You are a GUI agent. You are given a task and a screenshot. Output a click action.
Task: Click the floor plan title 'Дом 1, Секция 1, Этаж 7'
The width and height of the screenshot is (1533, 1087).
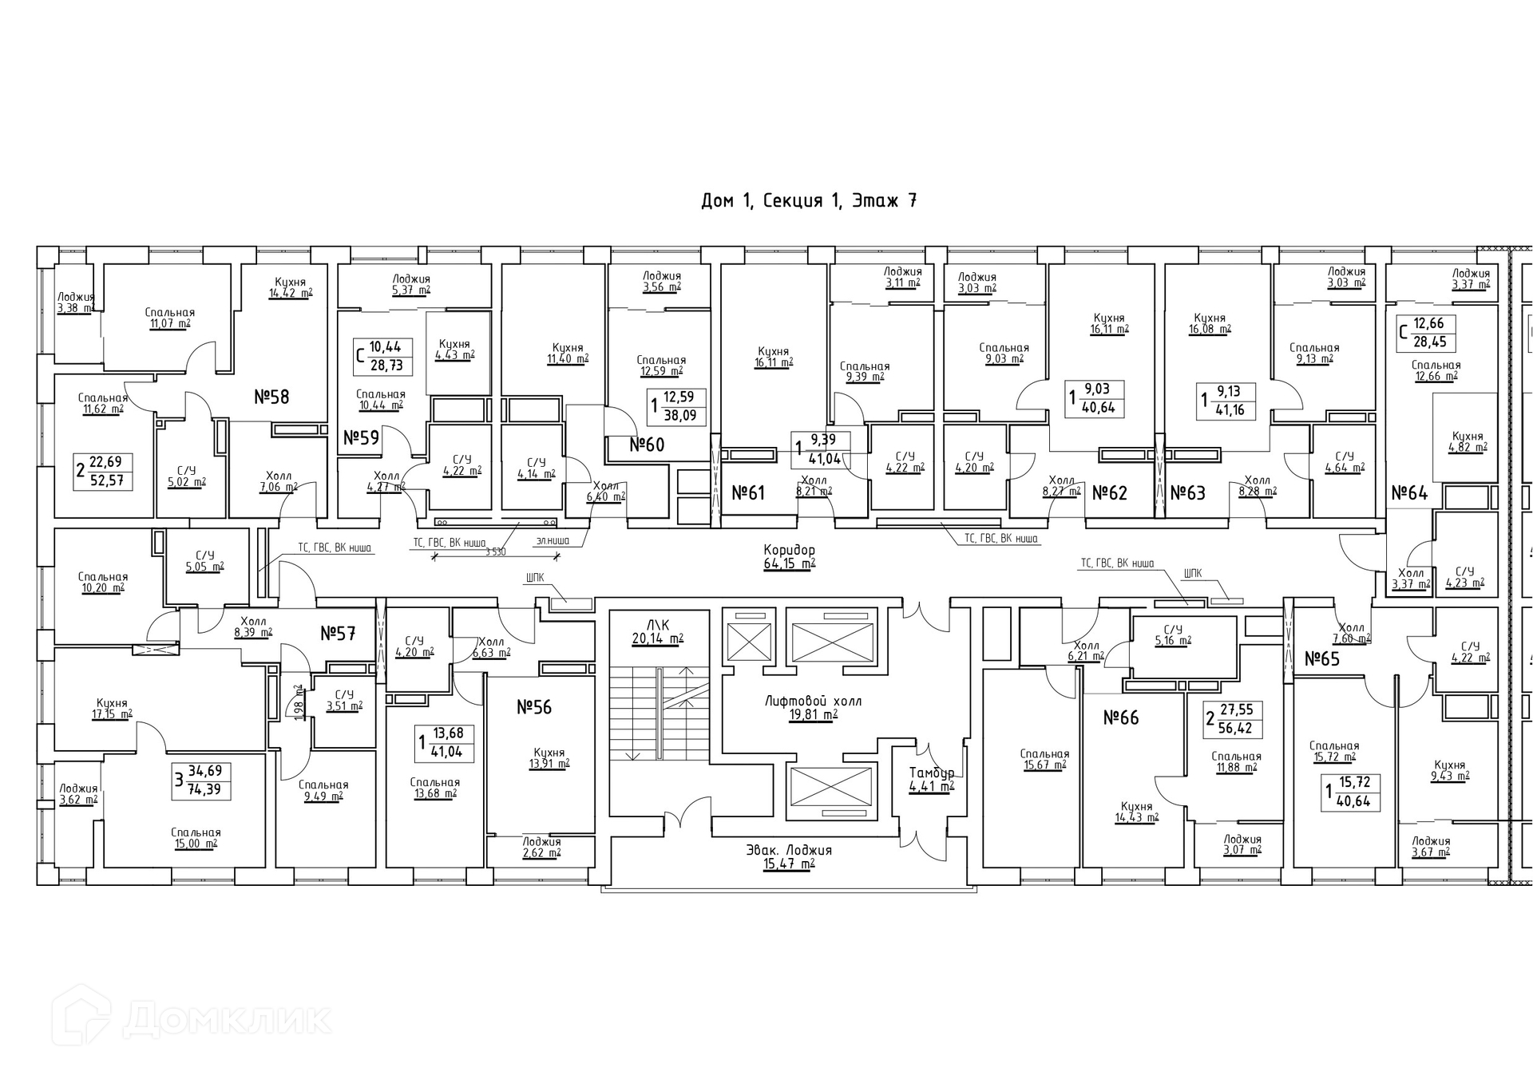(x=808, y=200)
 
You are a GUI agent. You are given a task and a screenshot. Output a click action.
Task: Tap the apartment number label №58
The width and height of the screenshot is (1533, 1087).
(x=271, y=397)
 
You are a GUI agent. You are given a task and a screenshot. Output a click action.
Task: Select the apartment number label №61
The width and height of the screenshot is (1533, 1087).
(x=748, y=492)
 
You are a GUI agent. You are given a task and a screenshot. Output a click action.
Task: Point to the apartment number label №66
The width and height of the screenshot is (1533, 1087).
(x=1121, y=717)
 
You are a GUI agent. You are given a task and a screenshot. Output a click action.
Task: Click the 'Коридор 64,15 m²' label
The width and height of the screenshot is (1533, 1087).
(x=789, y=556)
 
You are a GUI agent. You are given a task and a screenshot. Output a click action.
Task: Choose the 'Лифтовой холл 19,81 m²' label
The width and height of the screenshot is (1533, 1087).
(x=813, y=707)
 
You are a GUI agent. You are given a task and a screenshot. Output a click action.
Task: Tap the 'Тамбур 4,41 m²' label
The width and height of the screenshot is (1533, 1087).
(x=931, y=779)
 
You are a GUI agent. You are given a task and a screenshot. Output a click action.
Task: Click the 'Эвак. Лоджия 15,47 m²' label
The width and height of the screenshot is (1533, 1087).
(x=789, y=856)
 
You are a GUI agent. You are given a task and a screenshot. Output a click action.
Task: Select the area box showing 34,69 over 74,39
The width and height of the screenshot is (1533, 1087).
(x=204, y=781)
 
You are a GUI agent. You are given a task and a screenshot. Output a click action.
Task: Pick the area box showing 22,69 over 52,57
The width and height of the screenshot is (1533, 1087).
(x=104, y=471)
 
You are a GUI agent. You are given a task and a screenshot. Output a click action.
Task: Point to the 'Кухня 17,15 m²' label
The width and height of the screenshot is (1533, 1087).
(x=112, y=709)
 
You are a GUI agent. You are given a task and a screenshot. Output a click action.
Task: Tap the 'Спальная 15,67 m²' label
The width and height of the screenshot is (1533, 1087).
(x=1044, y=759)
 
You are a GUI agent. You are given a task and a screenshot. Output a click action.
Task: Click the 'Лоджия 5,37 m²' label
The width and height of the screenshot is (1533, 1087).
(x=411, y=284)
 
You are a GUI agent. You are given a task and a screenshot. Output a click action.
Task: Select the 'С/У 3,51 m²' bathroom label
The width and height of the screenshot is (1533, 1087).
(x=344, y=700)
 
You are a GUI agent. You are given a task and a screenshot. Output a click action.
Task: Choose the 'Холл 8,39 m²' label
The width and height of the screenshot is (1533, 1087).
(x=253, y=627)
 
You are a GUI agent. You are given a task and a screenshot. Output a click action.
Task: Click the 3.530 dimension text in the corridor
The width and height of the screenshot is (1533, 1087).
(x=495, y=551)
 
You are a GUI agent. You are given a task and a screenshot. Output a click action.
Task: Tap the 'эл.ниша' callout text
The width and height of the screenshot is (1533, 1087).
(x=553, y=540)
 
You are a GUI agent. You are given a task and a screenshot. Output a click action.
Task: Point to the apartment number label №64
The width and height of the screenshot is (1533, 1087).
(x=1409, y=492)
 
